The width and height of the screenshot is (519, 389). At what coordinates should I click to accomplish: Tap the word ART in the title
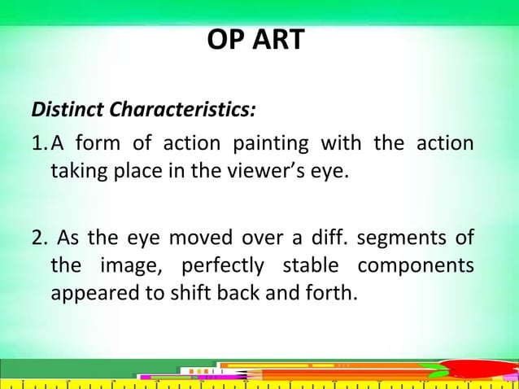(x=275, y=39)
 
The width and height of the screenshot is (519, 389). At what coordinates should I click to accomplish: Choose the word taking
(x=79, y=173)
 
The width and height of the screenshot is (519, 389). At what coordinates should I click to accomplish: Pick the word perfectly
(x=222, y=266)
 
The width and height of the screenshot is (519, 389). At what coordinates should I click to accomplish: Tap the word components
(x=416, y=266)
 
